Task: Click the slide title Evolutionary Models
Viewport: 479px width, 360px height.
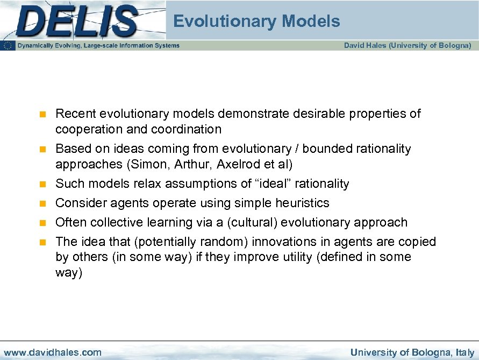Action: (256, 22)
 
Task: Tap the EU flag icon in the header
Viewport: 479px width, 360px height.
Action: (8, 46)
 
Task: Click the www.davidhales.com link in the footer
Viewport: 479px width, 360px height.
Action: (52, 352)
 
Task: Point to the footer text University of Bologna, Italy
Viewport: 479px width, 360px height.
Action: (412, 352)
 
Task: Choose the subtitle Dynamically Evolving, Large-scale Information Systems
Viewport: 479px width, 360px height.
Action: (98, 46)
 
